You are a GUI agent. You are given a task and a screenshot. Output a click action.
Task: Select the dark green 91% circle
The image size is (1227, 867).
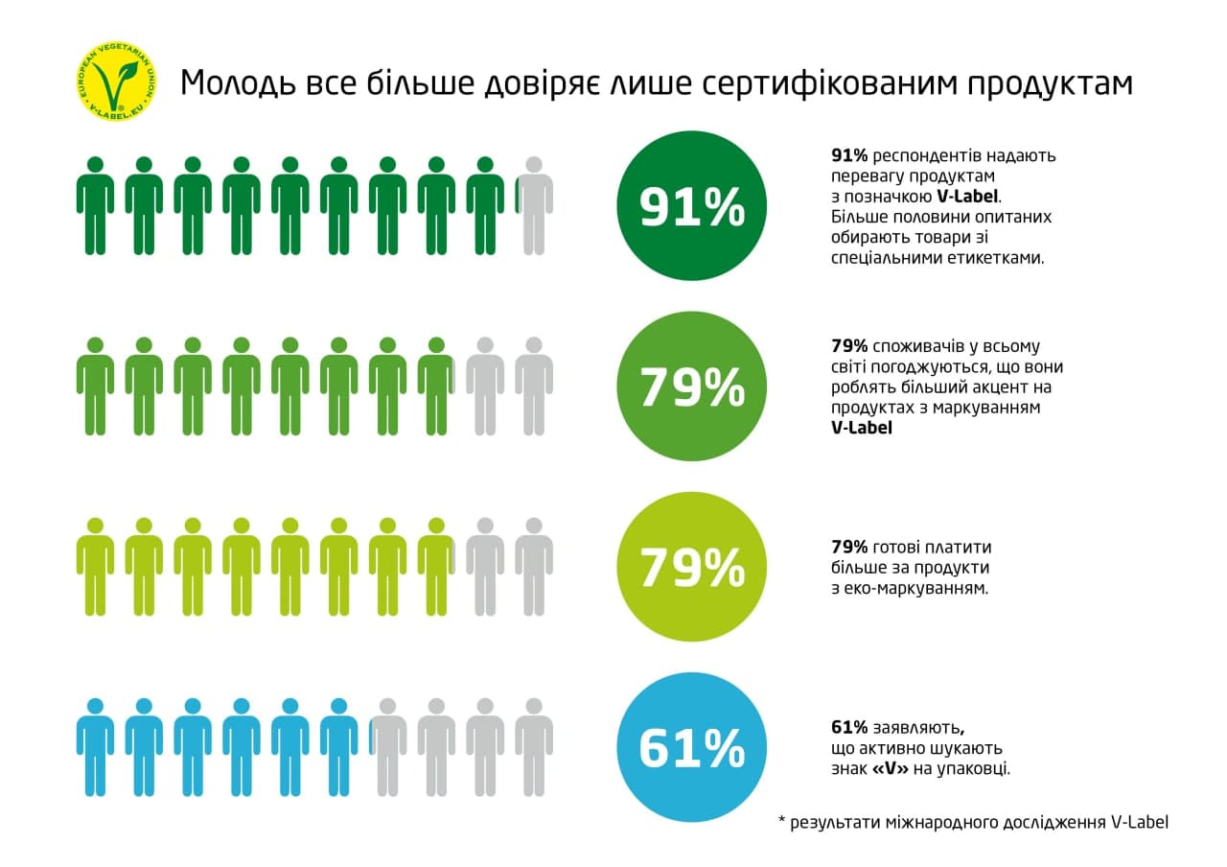tap(691, 206)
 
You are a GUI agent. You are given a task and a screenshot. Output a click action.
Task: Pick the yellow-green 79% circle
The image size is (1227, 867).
tap(691, 567)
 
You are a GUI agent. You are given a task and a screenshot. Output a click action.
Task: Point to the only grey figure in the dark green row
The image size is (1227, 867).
tap(534, 205)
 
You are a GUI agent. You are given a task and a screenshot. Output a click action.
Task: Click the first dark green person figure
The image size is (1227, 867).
tap(95, 205)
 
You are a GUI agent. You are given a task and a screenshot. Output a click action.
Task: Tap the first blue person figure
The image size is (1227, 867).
tap(95, 747)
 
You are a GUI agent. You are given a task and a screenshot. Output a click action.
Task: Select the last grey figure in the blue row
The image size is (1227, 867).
tap(534, 747)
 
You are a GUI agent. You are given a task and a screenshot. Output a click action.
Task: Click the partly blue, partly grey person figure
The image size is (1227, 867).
tap(387, 747)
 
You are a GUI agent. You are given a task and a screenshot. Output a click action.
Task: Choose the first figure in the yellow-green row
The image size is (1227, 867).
tap(95, 567)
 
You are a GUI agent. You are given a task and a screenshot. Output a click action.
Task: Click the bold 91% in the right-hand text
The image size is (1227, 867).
tap(848, 155)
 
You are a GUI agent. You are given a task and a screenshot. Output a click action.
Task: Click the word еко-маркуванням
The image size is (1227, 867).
tap(918, 587)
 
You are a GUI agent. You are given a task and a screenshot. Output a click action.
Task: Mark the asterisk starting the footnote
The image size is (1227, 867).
tap(781, 823)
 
